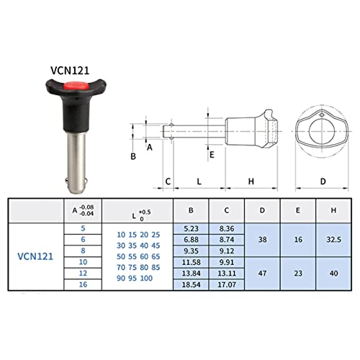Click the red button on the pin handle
coord(76,86)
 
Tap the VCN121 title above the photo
coord(70,71)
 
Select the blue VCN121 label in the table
coord(35,256)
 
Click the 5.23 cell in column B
coord(191,228)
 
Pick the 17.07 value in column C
coord(227,284)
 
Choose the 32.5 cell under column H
coord(333,240)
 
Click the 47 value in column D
coord(262,273)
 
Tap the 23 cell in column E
coord(298,273)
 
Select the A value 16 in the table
coord(83,284)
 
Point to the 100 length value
coord(146,278)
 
